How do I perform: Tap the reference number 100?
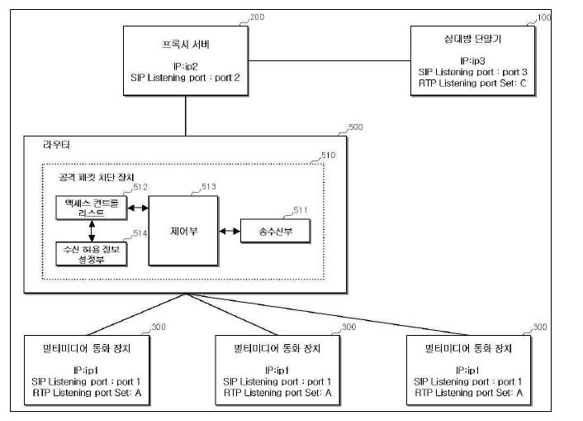point(544,17)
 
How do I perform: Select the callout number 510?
point(328,154)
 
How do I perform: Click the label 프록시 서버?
point(185,43)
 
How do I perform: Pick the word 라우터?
point(57,145)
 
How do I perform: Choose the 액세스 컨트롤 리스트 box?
point(90,208)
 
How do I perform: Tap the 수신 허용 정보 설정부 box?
point(91,254)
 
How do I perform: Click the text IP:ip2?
point(185,65)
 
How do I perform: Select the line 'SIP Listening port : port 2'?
point(185,77)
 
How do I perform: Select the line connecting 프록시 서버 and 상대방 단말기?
point(329,60)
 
